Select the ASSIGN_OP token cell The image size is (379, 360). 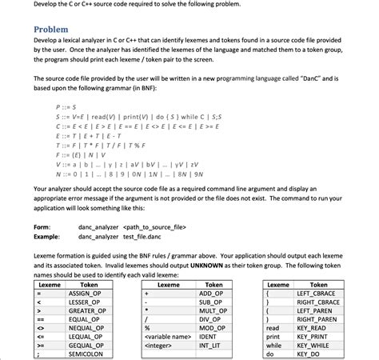[90, 294]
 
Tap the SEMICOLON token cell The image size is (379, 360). [90, 353]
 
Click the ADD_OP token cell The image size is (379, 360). [212, 294]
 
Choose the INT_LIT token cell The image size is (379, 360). [212, 345]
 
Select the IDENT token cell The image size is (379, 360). [212, 336]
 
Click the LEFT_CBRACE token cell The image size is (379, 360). [318, 294]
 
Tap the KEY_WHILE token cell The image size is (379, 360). [318, 345]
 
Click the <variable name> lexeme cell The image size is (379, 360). [168, 336]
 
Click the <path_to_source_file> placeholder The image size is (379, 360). [154, 227]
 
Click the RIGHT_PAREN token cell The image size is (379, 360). [318, 319]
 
